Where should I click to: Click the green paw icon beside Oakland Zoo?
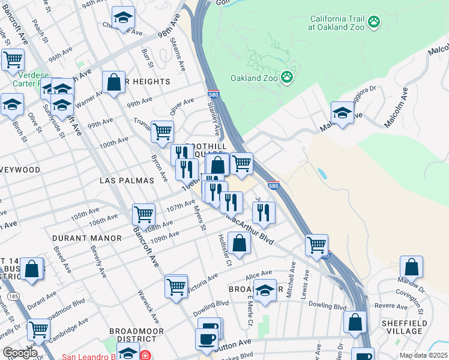tap(288, 77)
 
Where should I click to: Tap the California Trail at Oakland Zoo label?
tap(338, 23)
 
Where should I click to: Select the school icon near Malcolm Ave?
tap(342, 112)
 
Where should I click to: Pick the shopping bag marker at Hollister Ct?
tap(239, 244)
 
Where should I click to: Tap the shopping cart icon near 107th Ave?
tap(143, 214)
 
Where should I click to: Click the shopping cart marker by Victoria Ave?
tap(176, 287)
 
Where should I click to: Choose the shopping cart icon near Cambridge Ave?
tap(38, 329)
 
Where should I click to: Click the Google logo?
tap(20, 352)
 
